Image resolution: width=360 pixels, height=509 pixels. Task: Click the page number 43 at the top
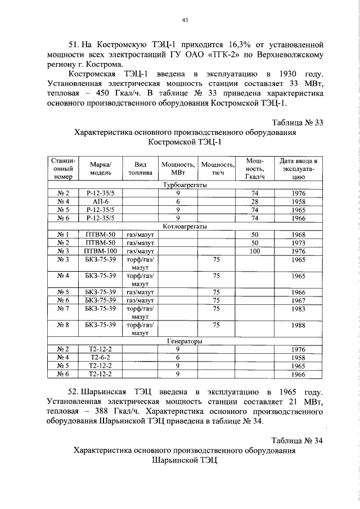(x=184, y=20)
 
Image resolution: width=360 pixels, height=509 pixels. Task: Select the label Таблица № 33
(x=298, y=122)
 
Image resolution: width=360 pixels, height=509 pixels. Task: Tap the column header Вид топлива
(x=140, y=168)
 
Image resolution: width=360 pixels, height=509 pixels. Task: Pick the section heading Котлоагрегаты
(x=184, y=226)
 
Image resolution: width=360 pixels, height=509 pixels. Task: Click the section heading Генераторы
(x=184, y=341)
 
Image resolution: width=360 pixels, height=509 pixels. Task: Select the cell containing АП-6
(x=101, y=201)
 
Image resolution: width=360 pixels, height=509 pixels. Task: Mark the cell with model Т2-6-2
(x=101, y=357)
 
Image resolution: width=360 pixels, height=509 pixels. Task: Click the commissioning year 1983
(x=298, y=308)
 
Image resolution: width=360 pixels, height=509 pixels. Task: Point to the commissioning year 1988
(x=298, y=325)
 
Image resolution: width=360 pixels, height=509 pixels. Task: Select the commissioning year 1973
(x=298, y=242)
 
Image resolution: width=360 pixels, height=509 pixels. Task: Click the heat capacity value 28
(x=254, y=201)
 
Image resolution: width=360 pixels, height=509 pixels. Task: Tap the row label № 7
(x=64, y=308)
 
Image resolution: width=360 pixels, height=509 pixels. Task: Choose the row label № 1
(x=64, y=234)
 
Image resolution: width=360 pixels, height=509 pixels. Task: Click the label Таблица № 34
(x=298, y=439)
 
